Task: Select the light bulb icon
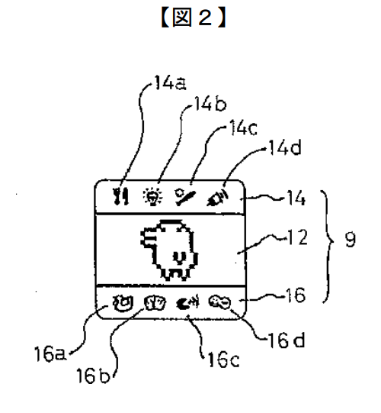152,197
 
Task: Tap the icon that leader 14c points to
185,197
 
